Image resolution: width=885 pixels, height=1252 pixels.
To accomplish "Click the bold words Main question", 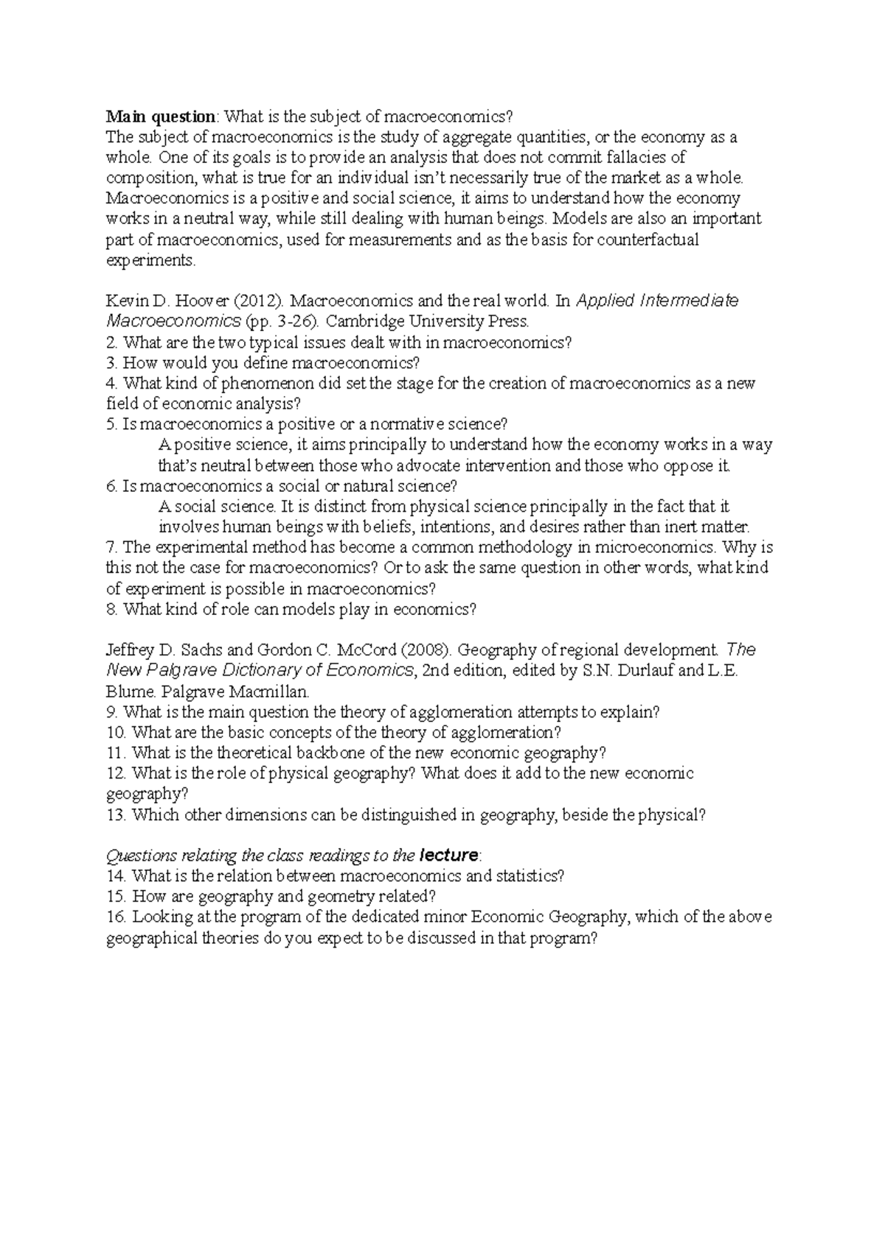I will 162,116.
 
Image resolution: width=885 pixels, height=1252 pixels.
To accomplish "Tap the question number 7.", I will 112,548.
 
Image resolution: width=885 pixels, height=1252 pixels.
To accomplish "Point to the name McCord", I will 368,650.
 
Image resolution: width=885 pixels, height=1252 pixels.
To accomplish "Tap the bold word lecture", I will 448,856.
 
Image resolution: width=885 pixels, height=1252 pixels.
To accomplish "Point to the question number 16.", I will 117,918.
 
